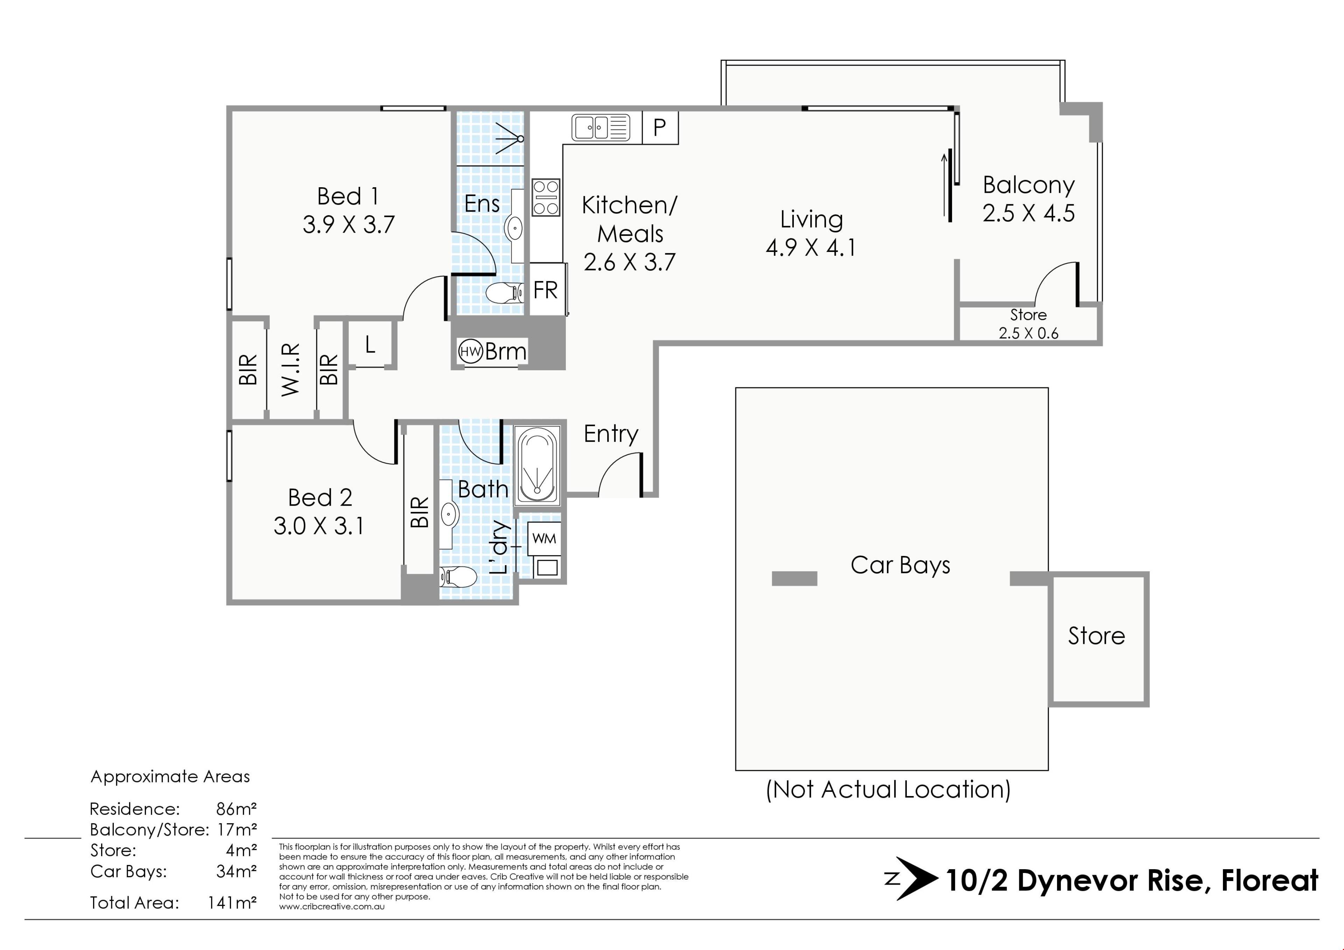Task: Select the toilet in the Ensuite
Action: tap(505, 292)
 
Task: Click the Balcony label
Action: tap(1029, 185)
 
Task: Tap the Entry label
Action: tap(610, 434)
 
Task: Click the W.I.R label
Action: tap(291, 370)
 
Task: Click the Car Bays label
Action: tap(900, 565)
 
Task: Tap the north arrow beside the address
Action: tap(911, 879)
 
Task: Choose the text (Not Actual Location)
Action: tap(888, 790)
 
